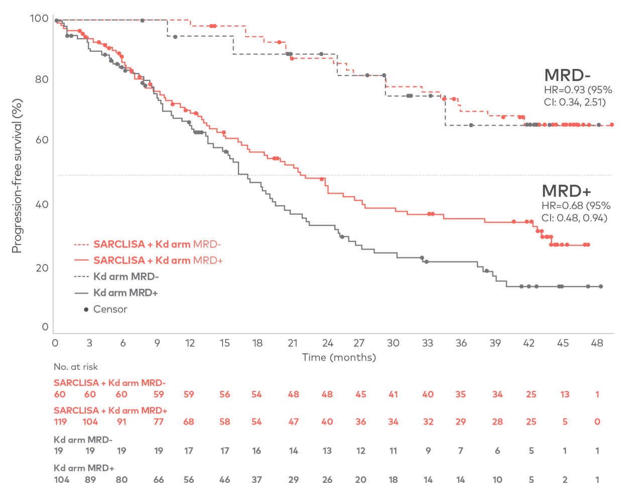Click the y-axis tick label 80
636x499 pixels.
[42, 79]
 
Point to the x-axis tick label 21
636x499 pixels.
[292, 344]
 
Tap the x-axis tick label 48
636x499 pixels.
[597, 344]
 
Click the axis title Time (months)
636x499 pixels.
[339, 358]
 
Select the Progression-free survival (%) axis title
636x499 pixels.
[17, 176]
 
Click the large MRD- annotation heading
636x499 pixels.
[567, 75]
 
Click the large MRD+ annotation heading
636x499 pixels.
[566, 191]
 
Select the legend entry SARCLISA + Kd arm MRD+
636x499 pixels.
[158, 261]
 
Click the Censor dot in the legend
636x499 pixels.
[86, 309]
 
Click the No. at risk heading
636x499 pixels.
[76, 367]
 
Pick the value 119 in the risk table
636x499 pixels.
[60, 422]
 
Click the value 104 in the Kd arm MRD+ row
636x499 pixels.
[62, 480]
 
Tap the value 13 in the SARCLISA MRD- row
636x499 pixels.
[565, 394]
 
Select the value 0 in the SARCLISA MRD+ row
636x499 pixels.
[597, 422]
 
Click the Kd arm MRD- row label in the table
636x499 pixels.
[83, 440]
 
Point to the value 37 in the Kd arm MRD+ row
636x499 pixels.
[257, 480]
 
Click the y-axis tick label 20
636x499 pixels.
[42, 268]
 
